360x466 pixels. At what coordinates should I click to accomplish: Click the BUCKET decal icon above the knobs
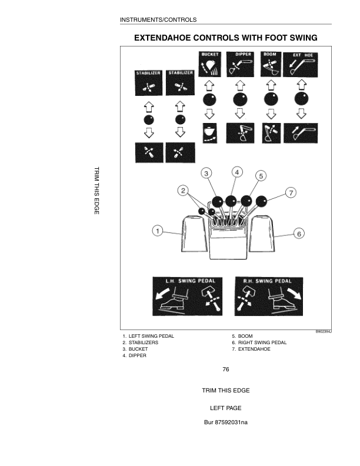pos(209,64)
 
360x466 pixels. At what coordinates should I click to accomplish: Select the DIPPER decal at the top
pos(240,64)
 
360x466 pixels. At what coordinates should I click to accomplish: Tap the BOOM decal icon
pos(271,64)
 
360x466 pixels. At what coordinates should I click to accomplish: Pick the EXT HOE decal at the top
pos(301,65)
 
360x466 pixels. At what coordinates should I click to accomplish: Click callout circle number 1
pos(158,231)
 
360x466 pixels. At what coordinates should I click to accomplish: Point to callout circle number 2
pos(183,191)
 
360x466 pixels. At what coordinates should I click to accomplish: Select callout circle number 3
pos(206,173)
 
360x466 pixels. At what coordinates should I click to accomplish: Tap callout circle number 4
pos(237,172)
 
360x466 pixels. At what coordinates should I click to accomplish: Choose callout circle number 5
pos(261,176)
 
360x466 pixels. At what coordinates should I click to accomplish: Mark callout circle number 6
pos(299,234)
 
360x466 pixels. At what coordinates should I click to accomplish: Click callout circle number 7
pos(291,192)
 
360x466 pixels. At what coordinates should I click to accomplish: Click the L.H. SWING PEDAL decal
pos(188,297)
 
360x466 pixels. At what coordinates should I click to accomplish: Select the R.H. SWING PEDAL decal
pos(269,297)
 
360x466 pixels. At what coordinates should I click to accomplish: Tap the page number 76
pos(226,370)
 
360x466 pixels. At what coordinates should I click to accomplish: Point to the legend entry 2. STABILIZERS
pos(141,342)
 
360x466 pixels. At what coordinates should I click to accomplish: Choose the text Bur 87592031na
pos(226,422)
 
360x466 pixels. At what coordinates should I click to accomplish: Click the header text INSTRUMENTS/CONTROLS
pos(158,20)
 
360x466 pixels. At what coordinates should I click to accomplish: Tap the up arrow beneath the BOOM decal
pos(271,85)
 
